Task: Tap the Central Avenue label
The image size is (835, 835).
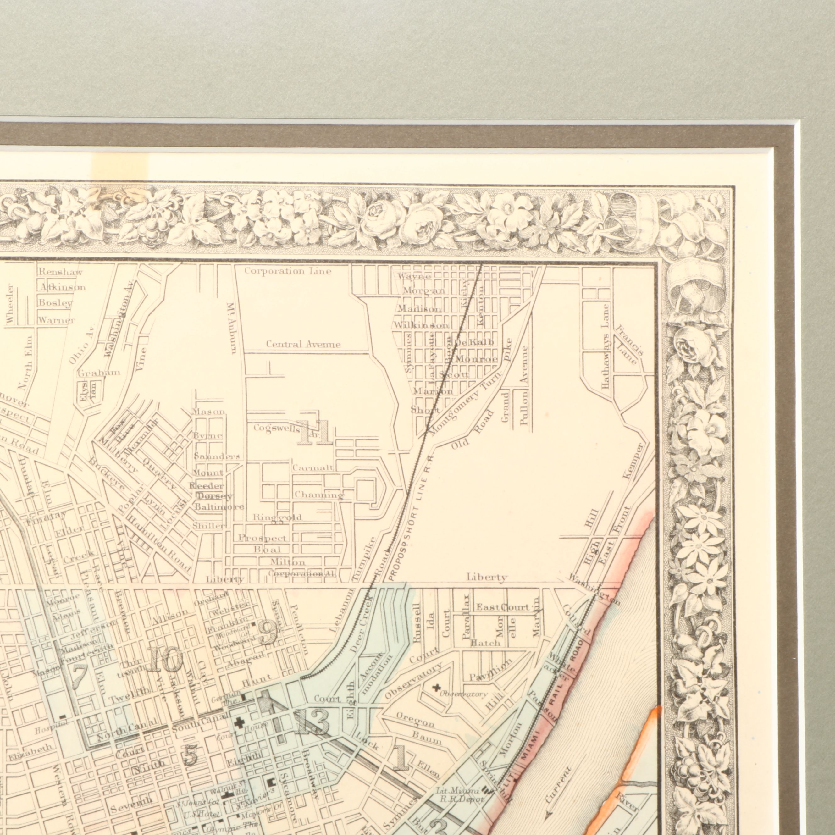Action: (x=303, y=344)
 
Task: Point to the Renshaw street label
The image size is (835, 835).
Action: (x=60, y=272)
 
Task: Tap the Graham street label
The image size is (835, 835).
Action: (x=99, y=373)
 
